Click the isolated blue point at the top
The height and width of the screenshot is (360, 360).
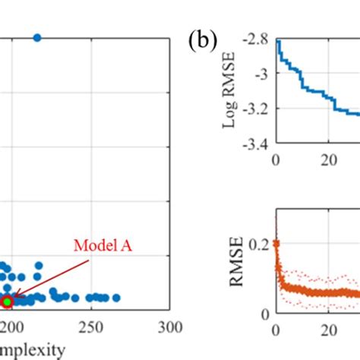36,38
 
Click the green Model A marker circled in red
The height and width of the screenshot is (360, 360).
7,302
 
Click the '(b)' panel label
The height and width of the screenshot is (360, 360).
204,39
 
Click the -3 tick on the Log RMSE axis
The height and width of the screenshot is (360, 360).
263,74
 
